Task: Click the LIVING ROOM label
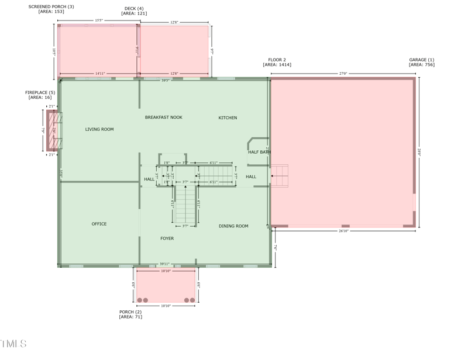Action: pyautogui.click(x=99, y=129)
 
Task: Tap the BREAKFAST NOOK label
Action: pyautogui.click(x=164, y=117)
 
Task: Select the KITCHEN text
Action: pyautogui.click(x=228, y=118)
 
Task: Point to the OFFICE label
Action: pyautogui.click(x=99, y=224)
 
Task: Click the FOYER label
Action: pyautogui.click(x=167, y=238)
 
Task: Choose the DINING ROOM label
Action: pyautogui.click(x=233, y=226)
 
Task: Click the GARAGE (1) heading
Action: pyautogui.click(x=421, y=60)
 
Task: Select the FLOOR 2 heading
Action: pyautogui.click(x=277, y=60)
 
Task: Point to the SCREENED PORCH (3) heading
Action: pyautogui.click(x=51, y=6)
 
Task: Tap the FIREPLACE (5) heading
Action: pyautogui.click(x=40, y=92)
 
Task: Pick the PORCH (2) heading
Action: pyautogui.click(x=130, y=312)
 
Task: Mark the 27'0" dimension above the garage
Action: pyautogui.click(x=343, y=74)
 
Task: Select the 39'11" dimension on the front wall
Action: pyautogui.click(x=166, y=264)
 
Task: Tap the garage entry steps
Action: pyautogui.click(x=280, y=175)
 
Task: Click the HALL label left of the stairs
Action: pyautogui.click(x=149, y=179)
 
